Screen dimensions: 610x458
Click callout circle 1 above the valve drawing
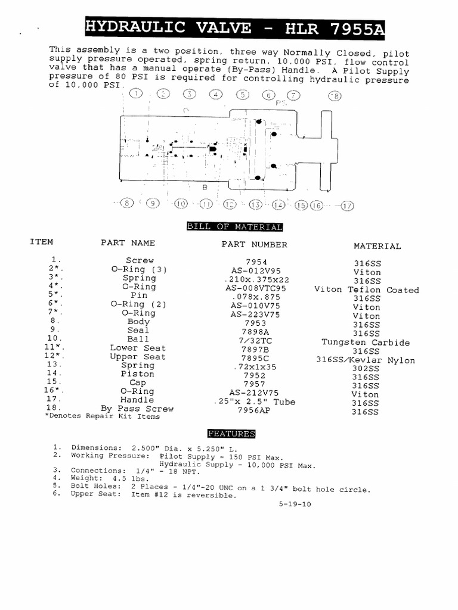coord(136,94)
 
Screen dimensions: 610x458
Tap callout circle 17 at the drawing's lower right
coord(347,205)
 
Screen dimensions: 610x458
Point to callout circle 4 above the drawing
coord(215,95)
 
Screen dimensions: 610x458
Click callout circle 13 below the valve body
coord(256,204)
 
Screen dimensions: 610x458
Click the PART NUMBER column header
coord(254,244)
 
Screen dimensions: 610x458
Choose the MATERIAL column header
coord(377,245)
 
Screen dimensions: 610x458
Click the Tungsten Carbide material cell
coord(366,342)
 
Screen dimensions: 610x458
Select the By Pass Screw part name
coord(138,409)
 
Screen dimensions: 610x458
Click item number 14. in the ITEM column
coord(54,374)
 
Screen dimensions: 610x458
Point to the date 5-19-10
coord(295,503)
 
